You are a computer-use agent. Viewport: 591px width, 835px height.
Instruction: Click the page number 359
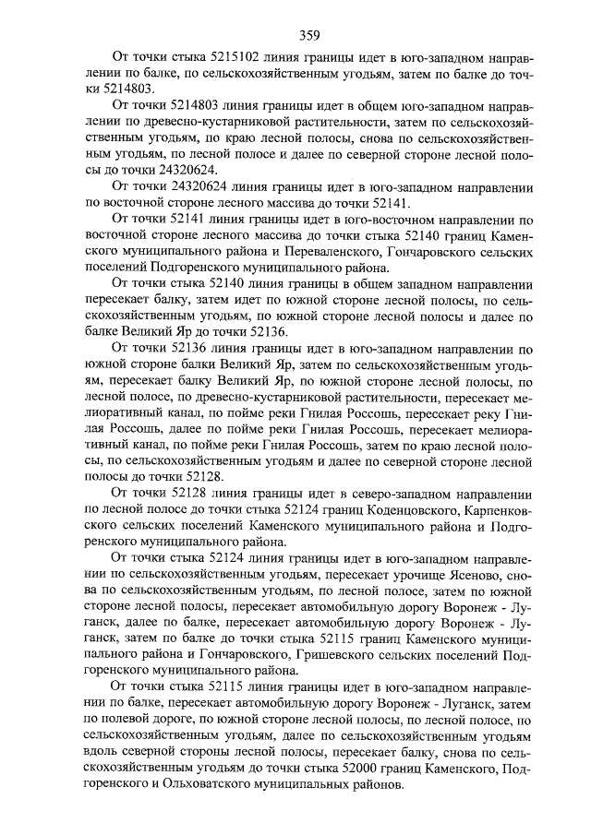[x=309, y=36]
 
